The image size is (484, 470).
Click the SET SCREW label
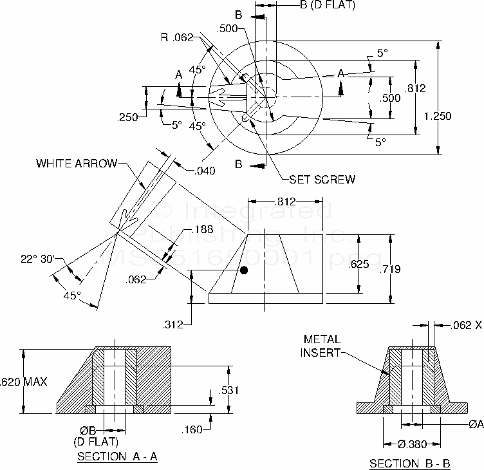(322, 179)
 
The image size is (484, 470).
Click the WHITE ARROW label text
(77, 163)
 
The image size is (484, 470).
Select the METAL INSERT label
(322, 345)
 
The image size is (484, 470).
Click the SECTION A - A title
(118, 456)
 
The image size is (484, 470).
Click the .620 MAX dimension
(24, 382)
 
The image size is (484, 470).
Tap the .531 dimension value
(230, 391)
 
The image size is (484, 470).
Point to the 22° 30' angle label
(37, 259)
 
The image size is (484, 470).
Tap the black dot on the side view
(244, 270)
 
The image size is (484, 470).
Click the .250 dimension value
(128, 117)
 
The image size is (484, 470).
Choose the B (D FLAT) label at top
(327, 6)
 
